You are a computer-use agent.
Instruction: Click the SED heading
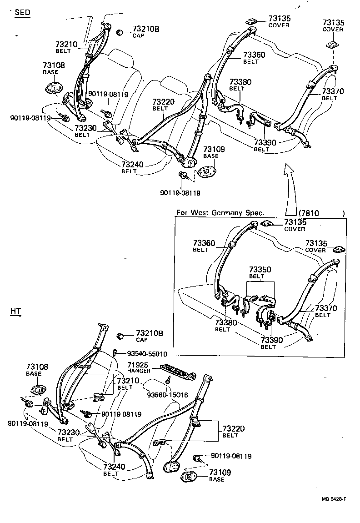[23, 12]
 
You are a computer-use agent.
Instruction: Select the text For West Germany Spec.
[220, 213]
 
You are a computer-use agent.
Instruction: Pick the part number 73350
[260, 270]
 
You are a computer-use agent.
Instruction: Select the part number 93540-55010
[147, 353]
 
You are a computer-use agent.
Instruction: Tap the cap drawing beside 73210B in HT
[121, 336]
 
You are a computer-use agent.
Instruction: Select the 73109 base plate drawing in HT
[189, 477]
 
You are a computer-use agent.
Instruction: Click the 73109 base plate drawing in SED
[207, 172]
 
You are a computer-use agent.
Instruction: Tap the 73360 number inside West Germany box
[204, 243]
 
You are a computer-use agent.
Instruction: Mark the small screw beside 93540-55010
[116, 352]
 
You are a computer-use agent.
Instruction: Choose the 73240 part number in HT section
[114, 467]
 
